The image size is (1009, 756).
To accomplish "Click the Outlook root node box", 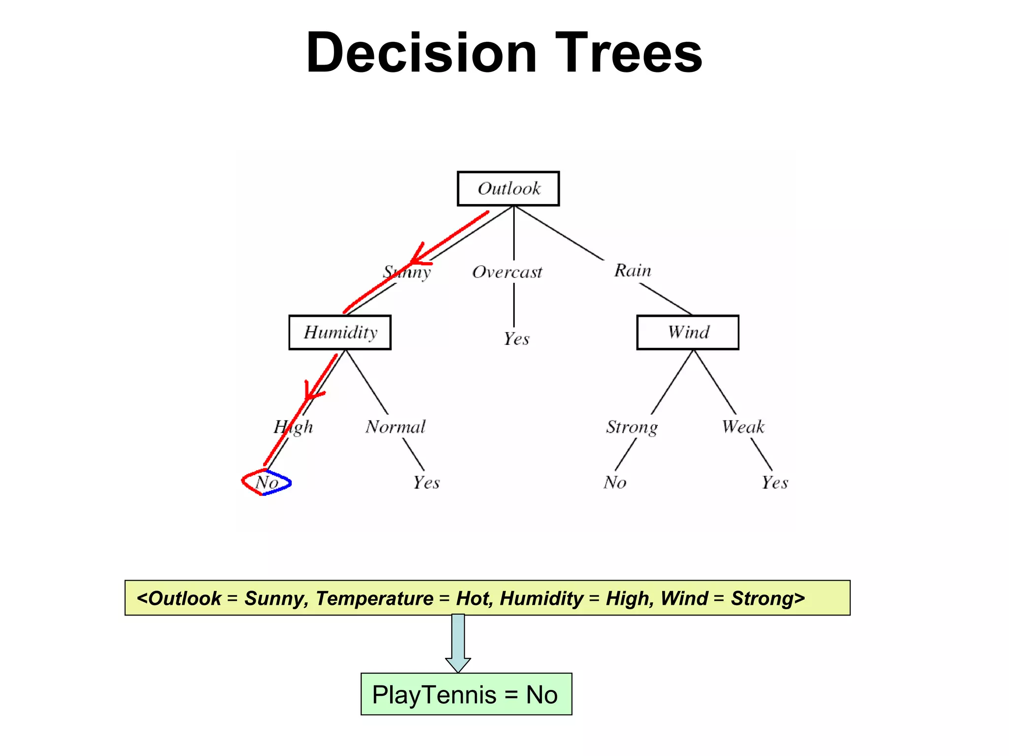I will click(508, 189).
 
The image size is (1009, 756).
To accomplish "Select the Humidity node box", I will click(340, 333).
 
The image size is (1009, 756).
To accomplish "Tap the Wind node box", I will click(688, 333).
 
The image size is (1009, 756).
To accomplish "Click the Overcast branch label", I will click(507, 272).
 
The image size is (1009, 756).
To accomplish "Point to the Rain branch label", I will click(633, 271).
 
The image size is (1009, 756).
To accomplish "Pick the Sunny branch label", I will click(407, 272).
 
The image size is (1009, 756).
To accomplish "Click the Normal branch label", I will click(395, 427).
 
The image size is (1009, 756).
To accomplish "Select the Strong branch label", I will click(632, 427).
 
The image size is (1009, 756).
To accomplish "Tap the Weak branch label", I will click(743, 427).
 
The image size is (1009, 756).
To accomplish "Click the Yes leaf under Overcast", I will click(516, 339).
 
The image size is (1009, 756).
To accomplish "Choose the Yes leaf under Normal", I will click(426, 482).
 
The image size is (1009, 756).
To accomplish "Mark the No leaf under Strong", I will click(615, 482).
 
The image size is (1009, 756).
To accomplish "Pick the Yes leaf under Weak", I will click(774, 482).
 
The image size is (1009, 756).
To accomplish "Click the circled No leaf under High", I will click(267, 482).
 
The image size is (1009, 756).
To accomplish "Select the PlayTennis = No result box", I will click(466, 694).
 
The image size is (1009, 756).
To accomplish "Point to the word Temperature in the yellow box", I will click(374, 598).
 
